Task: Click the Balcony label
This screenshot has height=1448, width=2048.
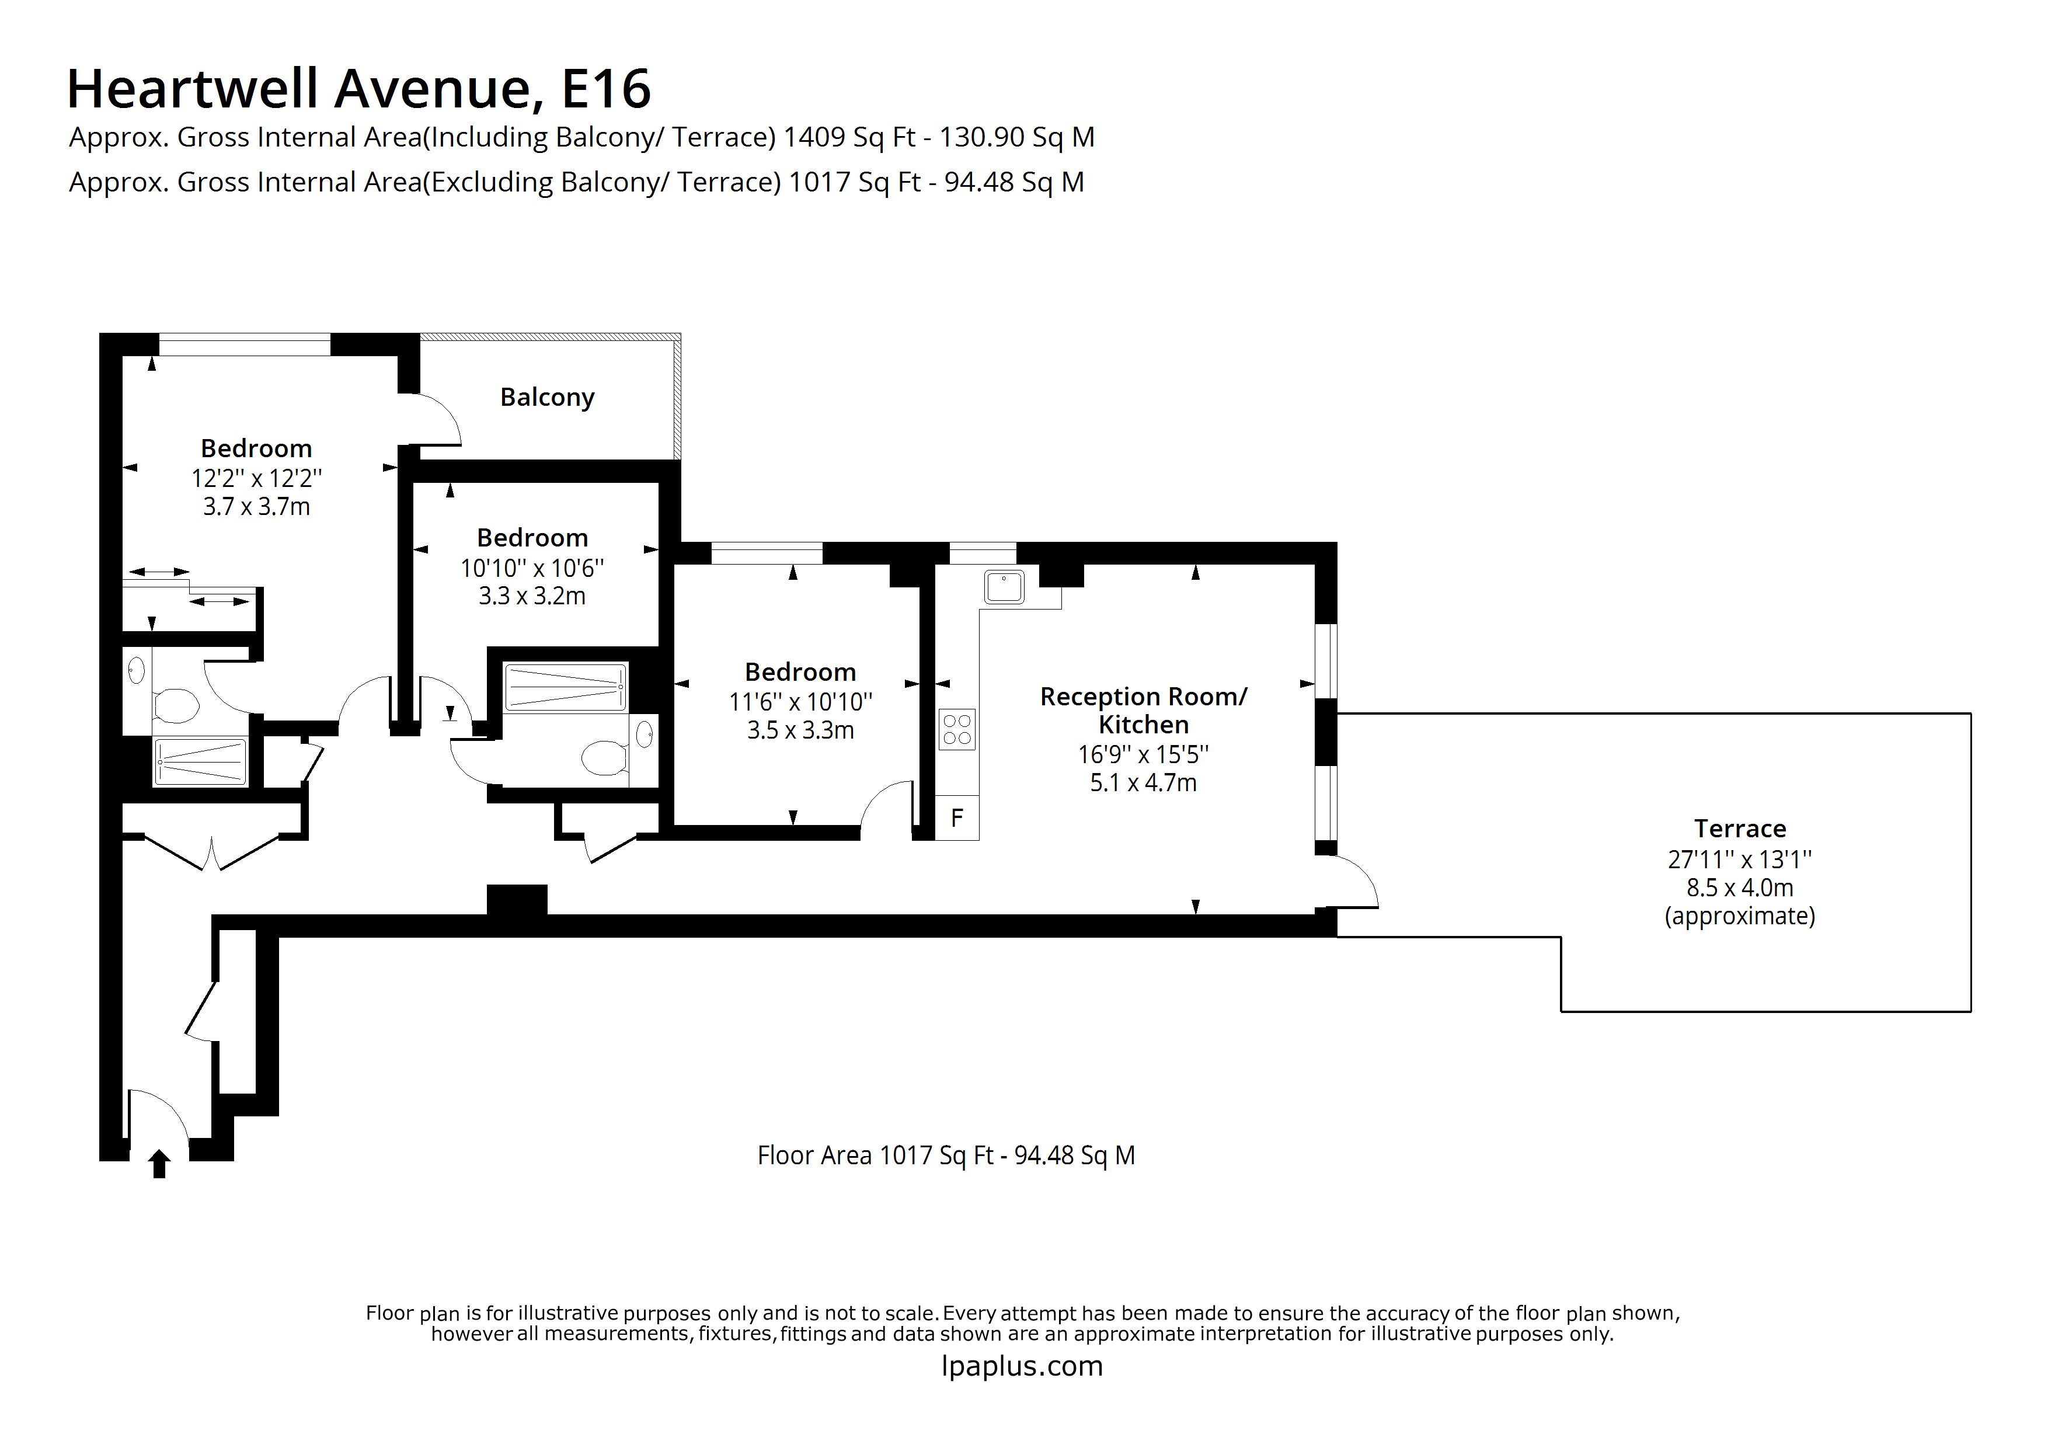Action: tap(547, 397)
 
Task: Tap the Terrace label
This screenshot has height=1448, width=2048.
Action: tap(1739, 829)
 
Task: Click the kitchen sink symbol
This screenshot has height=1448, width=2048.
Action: tap(1004, 587)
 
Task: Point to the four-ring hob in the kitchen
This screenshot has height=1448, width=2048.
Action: tap(956, 729)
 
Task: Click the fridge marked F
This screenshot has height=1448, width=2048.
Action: tap(956, 818)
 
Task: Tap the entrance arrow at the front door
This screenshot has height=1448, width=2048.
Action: tap(159, 1164)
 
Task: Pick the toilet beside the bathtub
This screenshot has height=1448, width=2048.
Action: tap(604, 758)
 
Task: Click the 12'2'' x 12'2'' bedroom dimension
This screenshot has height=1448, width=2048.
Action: tap(256, 478)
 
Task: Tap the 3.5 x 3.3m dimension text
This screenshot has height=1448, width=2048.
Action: tap(800, 730)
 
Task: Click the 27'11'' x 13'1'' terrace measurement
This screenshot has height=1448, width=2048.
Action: tap(1739, 859)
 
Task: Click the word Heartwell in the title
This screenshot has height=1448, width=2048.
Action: tap(193, 89)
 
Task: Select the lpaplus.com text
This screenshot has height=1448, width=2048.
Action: tap(1022, 1366)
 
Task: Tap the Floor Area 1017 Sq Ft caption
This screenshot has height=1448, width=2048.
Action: tap(946, 1155)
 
